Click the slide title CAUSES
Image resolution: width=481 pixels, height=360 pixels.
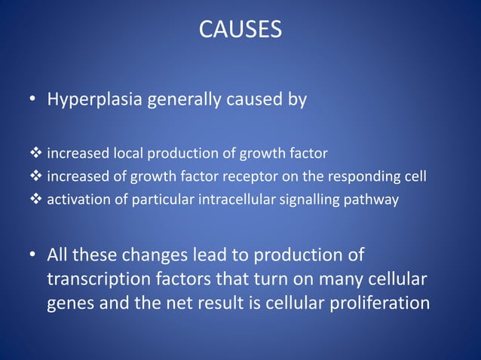240,29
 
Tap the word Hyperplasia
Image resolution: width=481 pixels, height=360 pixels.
93,100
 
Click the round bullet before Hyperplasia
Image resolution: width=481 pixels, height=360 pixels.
34,101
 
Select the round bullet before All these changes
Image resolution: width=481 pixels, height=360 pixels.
34,255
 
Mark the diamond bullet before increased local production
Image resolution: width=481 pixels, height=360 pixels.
37,154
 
